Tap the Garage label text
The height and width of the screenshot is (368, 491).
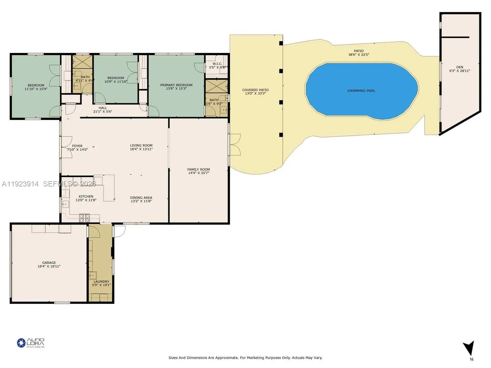click(x=49, y=263)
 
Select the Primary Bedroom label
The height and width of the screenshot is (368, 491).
click(x=176, y=85)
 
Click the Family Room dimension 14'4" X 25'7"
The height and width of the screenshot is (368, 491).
click(x=199, y=173)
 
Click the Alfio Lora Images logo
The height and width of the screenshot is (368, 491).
click(x=31, y=343)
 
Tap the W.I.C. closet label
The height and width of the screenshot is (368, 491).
click(x=217, y=64)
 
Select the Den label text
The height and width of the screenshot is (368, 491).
click(x=459, y=67)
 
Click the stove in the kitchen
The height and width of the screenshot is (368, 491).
click(x=84, y=218)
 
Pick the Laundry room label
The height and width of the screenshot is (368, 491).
click(x=101, y=282)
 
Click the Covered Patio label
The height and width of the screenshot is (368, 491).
click(x=255, y=90)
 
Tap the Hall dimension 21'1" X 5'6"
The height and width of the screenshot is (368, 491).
click(x=102, y=112)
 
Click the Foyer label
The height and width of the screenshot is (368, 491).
click(x=77, y=146)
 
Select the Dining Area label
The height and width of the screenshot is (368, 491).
click(x=141, y=198)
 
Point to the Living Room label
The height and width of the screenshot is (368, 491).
click(x=141, y=145)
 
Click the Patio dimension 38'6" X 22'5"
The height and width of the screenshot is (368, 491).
click(x=358, y=55)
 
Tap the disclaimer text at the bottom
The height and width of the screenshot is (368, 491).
click(x=245, y=358)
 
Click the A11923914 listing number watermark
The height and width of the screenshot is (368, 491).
click(x=20, y=184)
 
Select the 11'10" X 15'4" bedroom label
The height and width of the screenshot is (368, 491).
click(x=36, y=89)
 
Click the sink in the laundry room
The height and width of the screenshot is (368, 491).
click(x=93, y=275)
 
